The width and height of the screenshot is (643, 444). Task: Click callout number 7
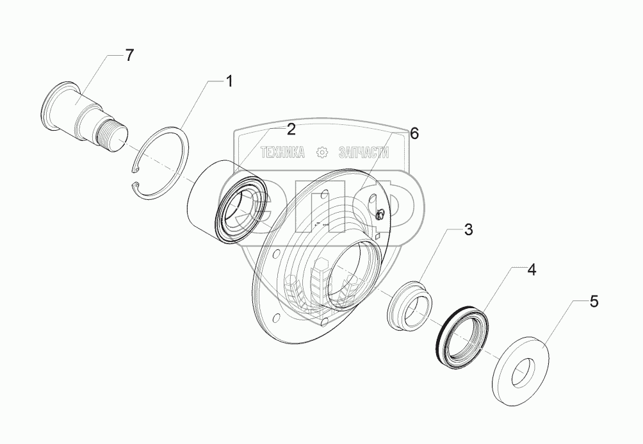[x=129, y=55]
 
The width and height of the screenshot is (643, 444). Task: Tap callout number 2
[x=291, y=129]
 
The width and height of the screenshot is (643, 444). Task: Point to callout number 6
[x=414, y=133]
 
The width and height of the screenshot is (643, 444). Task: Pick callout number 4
[x=531, y=270]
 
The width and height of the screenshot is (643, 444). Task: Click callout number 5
[x=594, y=302]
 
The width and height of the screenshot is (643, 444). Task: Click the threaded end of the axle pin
[x=115, y=136]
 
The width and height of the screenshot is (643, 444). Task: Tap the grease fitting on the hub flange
[x=380, y=215]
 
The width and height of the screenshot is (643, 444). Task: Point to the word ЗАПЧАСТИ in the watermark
[x=364, y=152]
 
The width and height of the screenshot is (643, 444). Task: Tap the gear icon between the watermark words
[x=322, y=152]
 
